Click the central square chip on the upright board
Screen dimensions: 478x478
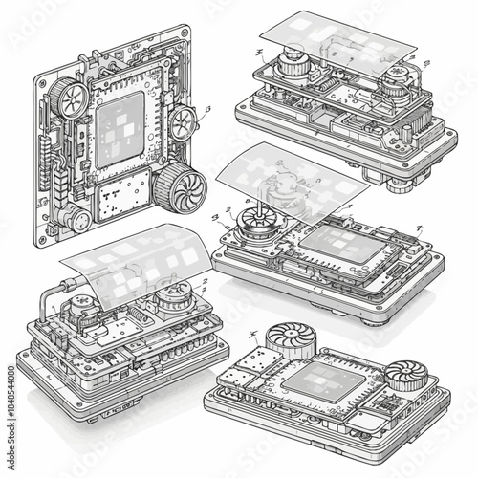(x=120, y=128)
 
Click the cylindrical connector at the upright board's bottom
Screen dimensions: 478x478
(x=77, y=219)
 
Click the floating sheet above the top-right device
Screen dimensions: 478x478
(x=335, y=43)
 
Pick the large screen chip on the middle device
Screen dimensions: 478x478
(x=337, y=245)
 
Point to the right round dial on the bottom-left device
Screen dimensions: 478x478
(x=176, y=298)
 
